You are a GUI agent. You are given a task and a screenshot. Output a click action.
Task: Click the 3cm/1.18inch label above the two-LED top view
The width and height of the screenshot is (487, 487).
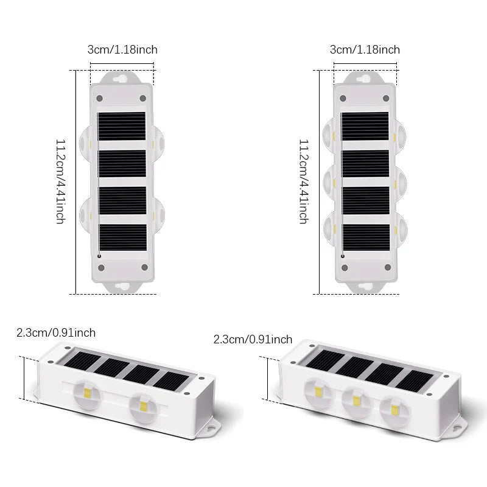pos(122,50)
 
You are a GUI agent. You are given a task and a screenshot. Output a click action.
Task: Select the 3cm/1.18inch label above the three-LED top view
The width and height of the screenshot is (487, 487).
pos(365,50)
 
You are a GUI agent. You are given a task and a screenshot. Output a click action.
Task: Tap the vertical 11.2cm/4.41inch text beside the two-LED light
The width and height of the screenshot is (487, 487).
pos(60,181)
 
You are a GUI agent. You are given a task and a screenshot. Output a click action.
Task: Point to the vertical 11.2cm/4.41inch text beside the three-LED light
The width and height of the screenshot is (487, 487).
pos(303,181)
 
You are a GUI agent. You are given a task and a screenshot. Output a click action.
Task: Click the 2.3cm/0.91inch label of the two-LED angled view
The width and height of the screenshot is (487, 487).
pos(56,332)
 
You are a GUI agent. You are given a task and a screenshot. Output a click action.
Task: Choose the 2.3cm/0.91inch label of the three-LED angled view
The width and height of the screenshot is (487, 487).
pos(253,339)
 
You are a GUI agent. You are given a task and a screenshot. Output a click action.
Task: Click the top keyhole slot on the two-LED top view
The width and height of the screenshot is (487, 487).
pos(120,79)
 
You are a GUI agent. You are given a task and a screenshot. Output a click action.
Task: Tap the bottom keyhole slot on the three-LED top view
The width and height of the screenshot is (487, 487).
pos(366,286)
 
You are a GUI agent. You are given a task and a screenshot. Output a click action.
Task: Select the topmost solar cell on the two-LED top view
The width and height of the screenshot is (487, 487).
pos(121,126)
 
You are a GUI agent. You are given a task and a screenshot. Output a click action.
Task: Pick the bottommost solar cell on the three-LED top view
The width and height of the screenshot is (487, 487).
pos(366,237)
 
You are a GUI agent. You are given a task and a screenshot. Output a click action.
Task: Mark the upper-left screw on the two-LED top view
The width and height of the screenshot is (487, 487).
pos(99,99)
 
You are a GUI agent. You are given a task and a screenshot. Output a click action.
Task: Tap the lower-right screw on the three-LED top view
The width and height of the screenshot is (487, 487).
pos(388,267)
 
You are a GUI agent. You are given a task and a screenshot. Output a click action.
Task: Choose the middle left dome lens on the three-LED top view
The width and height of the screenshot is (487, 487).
pos(329,183)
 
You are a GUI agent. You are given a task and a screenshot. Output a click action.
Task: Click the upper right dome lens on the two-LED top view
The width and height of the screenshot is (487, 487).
pos(158,144)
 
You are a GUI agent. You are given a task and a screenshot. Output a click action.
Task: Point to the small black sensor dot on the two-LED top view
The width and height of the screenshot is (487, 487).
pos(99,256)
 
